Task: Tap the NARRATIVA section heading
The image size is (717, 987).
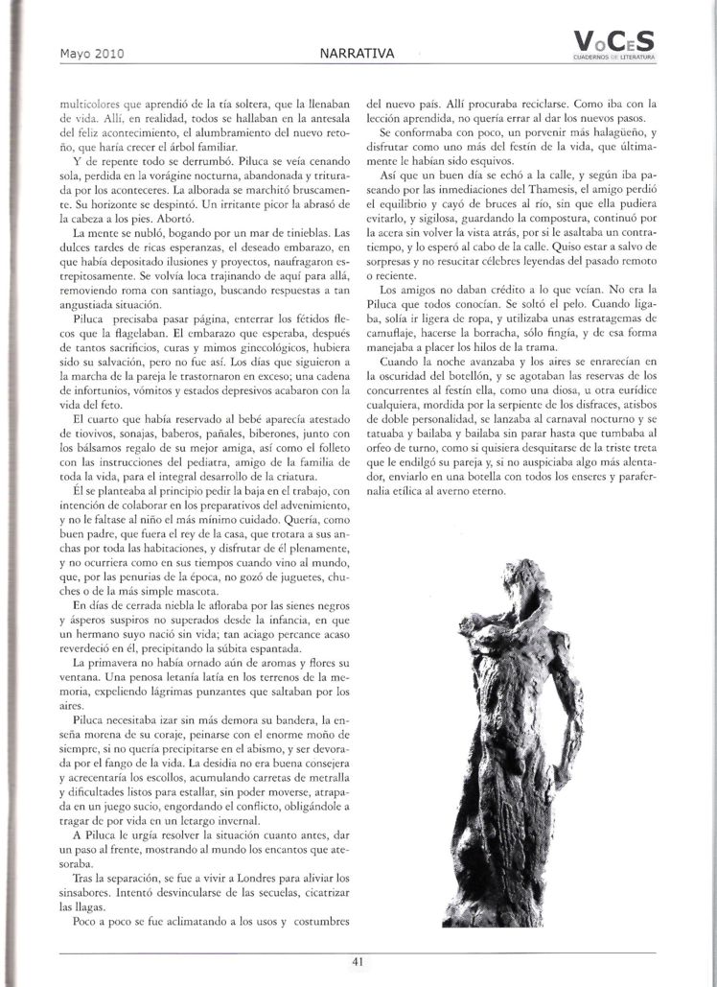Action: click(x=357, y=53)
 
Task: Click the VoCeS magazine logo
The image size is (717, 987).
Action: click(x=613, y=40)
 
